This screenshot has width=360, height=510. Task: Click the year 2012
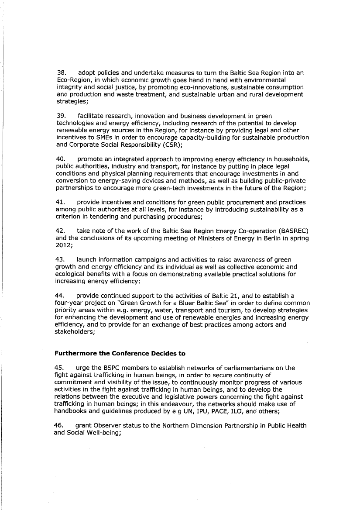tap(63, 245)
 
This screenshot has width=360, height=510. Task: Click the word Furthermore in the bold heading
tap(75, 353)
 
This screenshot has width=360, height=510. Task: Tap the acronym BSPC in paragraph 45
tap(108, 368)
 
